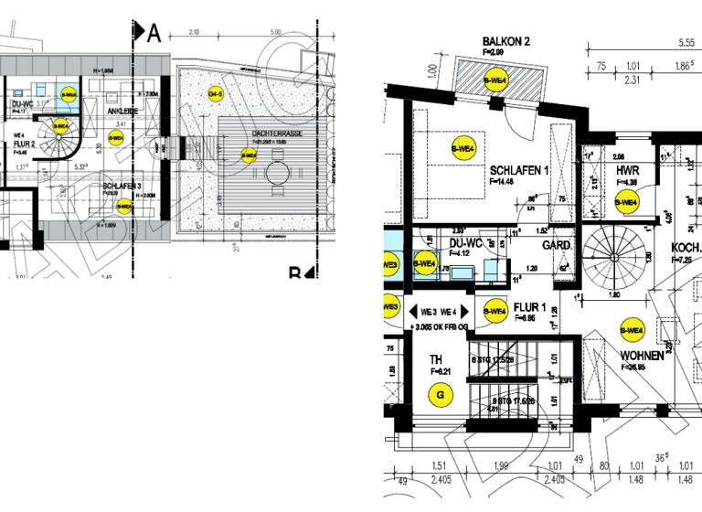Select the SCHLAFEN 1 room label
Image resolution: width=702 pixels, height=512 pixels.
coord(518,171)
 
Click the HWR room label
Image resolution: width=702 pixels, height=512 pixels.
coord(627,171)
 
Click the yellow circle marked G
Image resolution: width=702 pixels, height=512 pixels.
coord(442,395)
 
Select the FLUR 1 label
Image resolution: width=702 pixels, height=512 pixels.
coord(530,307)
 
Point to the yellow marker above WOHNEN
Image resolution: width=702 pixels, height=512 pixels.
coord(631,330)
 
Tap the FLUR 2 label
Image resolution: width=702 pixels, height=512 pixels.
coord(24,144)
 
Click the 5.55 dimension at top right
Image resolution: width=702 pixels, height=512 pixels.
coord(686,42)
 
